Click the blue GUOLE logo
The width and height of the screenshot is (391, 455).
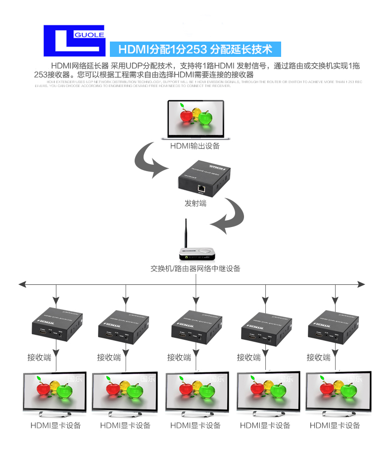pyautogui.click(x=74, y=41)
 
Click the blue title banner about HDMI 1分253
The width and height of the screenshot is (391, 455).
pyautogui.click(x=195, y=49)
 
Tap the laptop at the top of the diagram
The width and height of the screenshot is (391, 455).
pyautogui.click(x=195, y=120)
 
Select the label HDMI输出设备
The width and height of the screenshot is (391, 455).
pyautogui.click(x=195, y=146)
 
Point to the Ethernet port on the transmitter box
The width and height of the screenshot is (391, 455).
pyautogui.click(x=201, y=188)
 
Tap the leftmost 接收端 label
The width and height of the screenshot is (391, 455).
pyautogui.click(x=39, y=357)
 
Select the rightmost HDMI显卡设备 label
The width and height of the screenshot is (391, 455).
pyautogui.click(x=335, y=425)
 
